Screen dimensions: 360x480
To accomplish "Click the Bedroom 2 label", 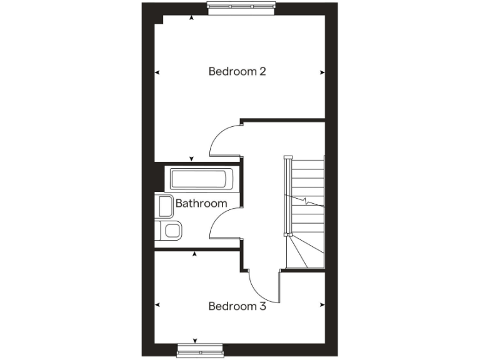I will click(237, 71).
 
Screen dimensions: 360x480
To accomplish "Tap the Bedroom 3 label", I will click(237, 306).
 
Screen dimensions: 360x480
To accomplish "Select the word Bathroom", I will click(201, 203).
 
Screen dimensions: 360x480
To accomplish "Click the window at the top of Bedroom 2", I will click(241, 7).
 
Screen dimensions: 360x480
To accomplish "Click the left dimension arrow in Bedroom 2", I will click(157, 72).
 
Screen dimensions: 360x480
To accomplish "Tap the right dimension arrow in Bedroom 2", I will click(322, 72).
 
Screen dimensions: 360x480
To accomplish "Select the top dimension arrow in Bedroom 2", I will click(191, 19).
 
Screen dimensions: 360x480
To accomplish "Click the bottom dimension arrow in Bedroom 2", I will click(191, 158).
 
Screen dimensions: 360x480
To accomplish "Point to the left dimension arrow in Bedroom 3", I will click(157, 305).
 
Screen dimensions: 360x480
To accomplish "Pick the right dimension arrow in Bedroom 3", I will click(322, 305).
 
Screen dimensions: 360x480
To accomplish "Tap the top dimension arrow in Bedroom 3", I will click(195, 254).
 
